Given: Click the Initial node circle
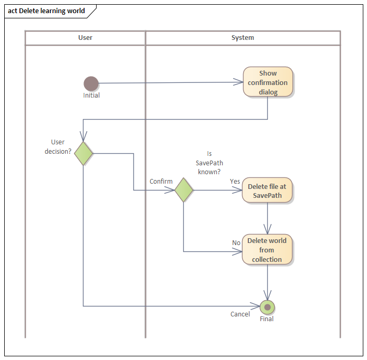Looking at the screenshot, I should click(x=91, y=83).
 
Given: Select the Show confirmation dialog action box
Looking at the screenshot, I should click(x=268, y=82).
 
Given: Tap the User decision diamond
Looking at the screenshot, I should click(x=83, y=153).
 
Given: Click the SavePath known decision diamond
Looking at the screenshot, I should click(x=184, y=190).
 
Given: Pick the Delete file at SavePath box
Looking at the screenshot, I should click(x=268, y=190).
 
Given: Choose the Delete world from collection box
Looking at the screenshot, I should click(x=267, y=250).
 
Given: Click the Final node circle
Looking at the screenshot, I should click(x=268, y=307).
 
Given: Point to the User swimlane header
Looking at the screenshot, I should click(x=86, y=38).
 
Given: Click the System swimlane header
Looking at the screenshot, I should click(x=243, y=38).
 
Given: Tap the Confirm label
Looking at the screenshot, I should click(x=161, y=182).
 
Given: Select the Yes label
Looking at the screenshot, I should click(x=235, y=182).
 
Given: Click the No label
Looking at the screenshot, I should click(x=236, y=243).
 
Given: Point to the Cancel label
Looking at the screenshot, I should click(x=240, y=314).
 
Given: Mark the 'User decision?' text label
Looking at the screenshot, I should click(x=58, y=147).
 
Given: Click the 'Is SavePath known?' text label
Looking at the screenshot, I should click(x=209, y=163).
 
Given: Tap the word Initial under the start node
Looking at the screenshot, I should click(x=91, y=96).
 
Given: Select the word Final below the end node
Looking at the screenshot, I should click(x=267, y=319).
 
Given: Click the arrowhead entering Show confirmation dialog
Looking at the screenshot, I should click(x=239, y=82).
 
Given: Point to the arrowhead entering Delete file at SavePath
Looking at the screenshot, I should click(x=238, y=190).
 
